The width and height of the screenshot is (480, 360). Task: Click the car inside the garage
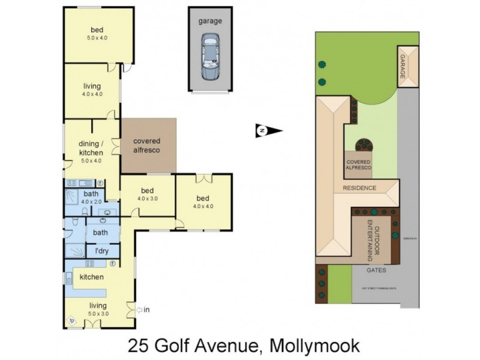[x=210, y=58]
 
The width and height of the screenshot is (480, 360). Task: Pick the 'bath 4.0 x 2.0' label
[x=91, y=197]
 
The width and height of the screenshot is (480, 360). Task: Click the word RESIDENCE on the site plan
[x=359, y=188]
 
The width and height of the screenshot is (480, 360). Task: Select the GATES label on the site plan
[x=377, y=271]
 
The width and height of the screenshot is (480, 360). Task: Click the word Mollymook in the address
[x=316, y=346]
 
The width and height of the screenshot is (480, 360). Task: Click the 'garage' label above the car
[x=210, y=21]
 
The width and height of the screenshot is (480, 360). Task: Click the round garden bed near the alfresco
[x=364, y=145]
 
